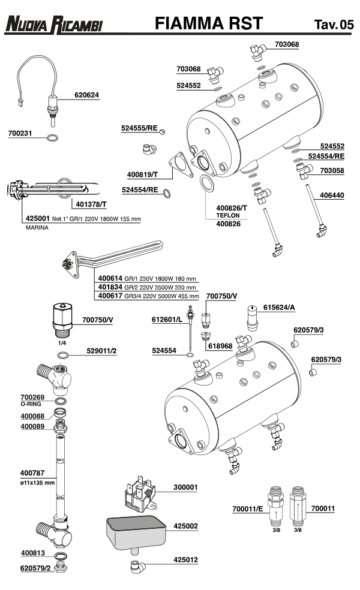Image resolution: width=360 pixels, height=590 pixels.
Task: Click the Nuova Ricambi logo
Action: (53, 25)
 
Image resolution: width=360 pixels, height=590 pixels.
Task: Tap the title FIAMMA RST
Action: (208, 23)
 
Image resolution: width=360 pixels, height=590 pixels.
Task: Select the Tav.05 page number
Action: (334, 25)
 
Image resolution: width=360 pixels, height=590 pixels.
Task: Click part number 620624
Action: (86, 95)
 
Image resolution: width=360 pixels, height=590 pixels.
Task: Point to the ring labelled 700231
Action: (53, 139)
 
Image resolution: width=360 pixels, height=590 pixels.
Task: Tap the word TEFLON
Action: (227, 216)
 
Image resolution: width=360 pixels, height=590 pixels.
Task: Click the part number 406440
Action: (332, 195)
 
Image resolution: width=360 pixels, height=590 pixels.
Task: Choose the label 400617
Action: (109, 296)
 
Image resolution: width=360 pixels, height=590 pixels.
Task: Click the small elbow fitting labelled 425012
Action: (136, 565)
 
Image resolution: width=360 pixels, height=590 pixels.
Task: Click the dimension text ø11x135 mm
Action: (37, 482)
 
